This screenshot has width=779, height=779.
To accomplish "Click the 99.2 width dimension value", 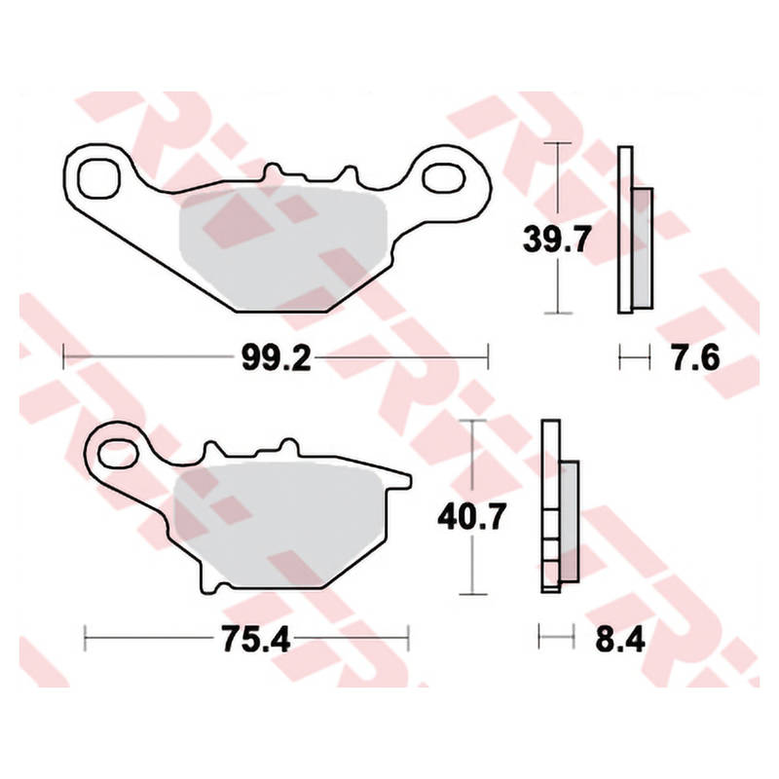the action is coord(277,357).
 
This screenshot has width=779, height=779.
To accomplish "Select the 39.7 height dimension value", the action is coord(557,239).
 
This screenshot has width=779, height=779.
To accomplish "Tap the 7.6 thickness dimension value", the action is coord(695,357).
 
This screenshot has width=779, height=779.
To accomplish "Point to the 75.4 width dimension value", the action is coord(255,639).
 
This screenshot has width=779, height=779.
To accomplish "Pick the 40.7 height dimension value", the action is coord(472,516).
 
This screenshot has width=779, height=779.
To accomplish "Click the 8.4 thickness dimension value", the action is coord(620,639).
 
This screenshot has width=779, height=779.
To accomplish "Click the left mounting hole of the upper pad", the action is coord(99,178).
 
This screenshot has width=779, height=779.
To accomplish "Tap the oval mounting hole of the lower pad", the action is coord(118,454).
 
